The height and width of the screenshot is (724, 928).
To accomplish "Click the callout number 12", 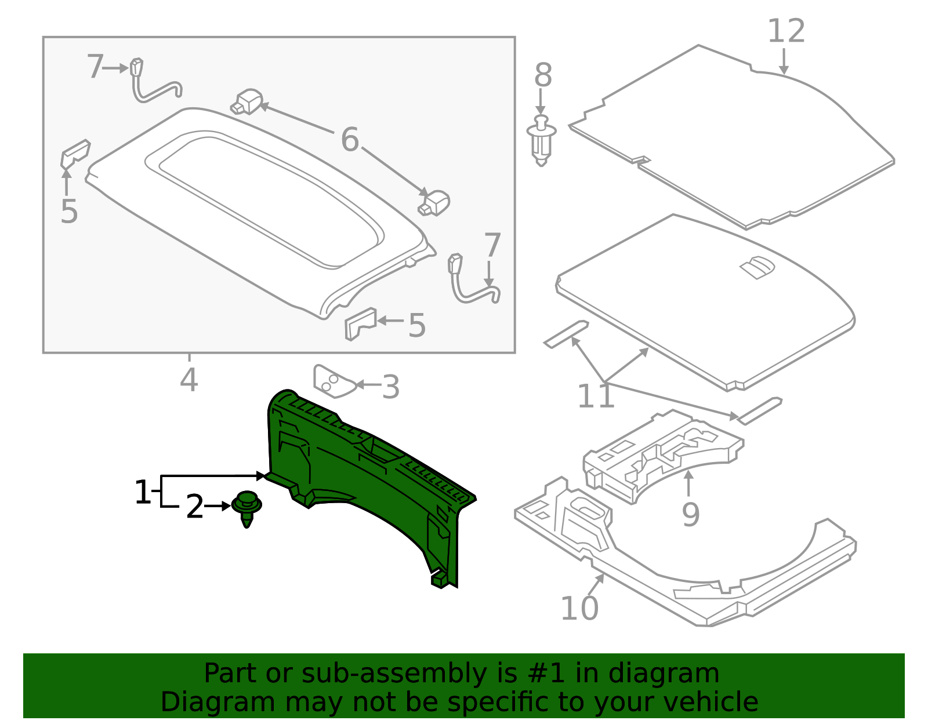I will (x=786, y=31).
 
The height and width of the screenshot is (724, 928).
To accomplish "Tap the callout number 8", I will (x=543, y=75).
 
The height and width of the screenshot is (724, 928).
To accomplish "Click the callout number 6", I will (x=350, y=140).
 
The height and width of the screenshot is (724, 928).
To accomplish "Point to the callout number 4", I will (x=189, y=380).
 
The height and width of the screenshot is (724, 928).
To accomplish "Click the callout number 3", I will (x=391, y=387).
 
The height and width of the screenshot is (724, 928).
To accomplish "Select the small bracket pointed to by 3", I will (x=331, y=381).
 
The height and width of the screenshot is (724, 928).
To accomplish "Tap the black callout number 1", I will (x=143, y=493).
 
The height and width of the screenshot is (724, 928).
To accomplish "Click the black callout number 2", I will (x=195, y=507).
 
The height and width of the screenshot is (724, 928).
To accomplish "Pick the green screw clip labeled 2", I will (x=247, y=507).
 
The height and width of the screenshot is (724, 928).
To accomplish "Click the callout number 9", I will (x=690, y=514).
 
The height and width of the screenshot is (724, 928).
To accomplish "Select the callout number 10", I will (x=579, y=608).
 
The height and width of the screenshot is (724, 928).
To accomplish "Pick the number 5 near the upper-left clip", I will (x=68, y=212).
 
